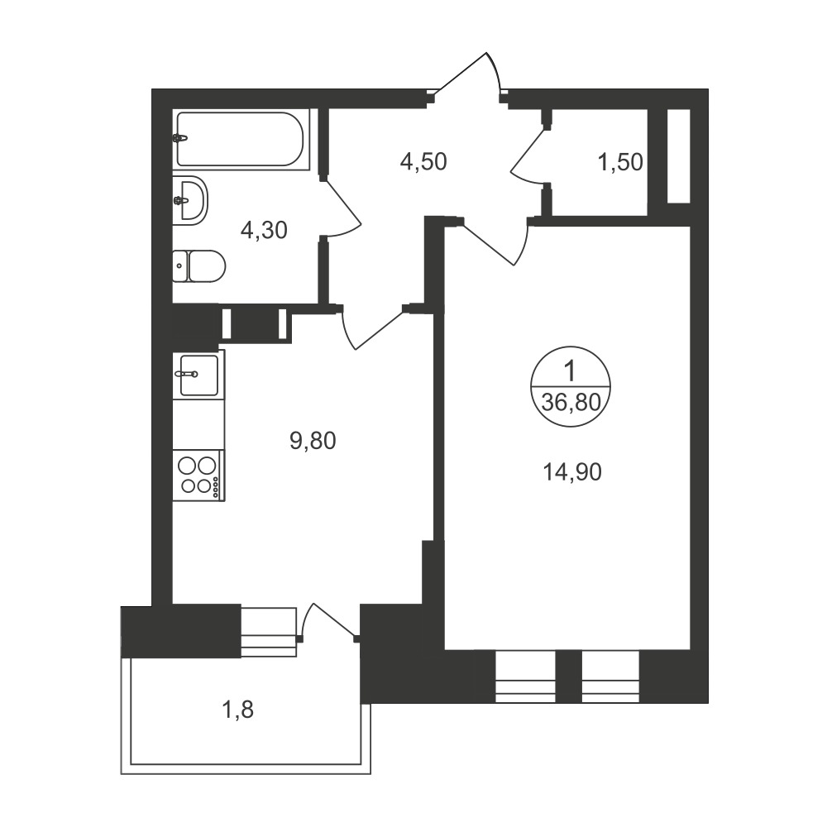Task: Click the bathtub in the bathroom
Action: pyautogui.click(x=241, y=139)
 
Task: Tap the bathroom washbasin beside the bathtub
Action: pyautogui.click(x=190, y=200)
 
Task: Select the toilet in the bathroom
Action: pyautogui.click(x=198, y=266)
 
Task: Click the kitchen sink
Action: pyautogui.click(x=198, y=375)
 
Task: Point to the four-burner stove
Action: pyautogui.click(x=198, y=475)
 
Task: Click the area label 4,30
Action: pyautogui.click(x=264, y=230)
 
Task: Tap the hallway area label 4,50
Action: pyautogui.click(x=423, y=161)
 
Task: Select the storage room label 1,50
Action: pyautogui.click(x=620, y=162)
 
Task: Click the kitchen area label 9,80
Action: pyautogui.click(x=313, y=441)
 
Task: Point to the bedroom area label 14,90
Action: pyautogui.click(x=572, y=472)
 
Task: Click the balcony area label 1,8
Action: pyautogui.click(x=238, y=710)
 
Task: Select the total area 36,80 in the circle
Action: pyautogui.click(x=571, y=403)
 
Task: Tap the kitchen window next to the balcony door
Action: pyautogui.click(x=268, y=632)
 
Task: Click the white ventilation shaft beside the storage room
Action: pyautogui.click(x=679, y=156)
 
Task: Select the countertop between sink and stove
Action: pyautogui.click(x=198, y=424)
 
